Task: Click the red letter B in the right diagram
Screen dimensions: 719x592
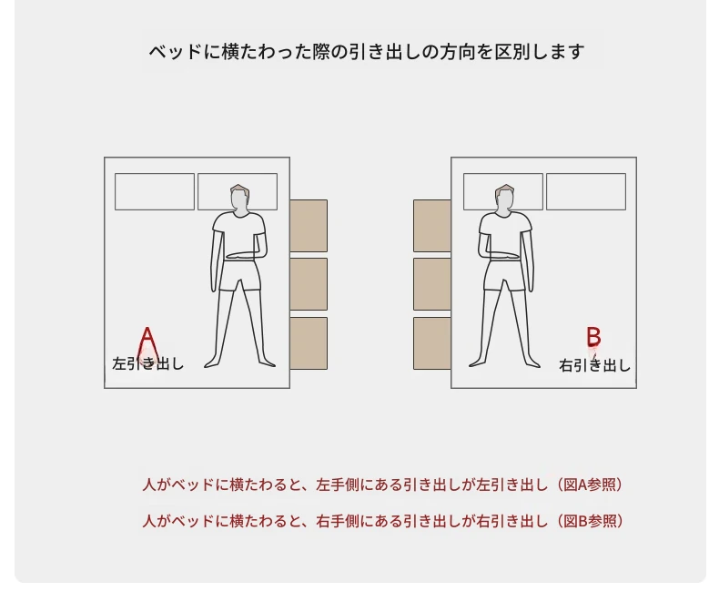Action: [593, 337]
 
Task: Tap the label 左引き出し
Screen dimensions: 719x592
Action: [148, 363]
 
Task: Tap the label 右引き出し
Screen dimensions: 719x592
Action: [594, 366]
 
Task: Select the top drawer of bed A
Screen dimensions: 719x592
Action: [309, 226]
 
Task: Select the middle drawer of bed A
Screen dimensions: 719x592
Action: [309, 284]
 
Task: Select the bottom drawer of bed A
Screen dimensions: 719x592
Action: [309, 342]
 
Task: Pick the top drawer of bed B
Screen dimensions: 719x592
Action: [432, 226]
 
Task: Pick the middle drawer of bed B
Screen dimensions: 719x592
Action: [432, 284]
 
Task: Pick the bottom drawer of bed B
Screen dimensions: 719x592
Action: [432, 342]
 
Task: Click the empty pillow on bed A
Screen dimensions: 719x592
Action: [155, 192]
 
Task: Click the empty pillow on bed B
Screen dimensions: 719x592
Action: [586, 192]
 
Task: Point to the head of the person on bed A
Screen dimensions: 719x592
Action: [239, 199]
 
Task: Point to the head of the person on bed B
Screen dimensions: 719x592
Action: [505, 199]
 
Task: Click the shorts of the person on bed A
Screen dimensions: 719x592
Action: [239, 275]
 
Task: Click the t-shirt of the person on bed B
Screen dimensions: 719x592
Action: [505, 235]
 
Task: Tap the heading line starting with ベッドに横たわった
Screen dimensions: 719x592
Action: [367, 52]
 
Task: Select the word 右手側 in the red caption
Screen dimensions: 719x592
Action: [338, 521]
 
